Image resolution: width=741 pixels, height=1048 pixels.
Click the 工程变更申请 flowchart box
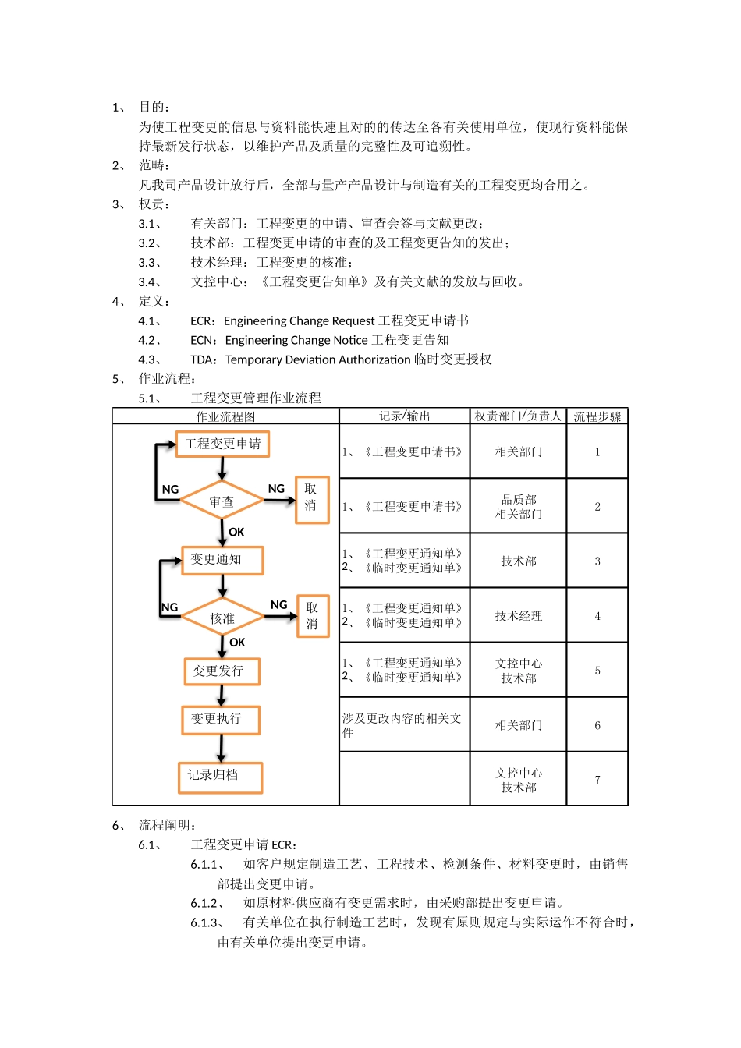(x=222, y=444)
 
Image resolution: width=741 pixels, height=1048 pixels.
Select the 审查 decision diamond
(x=222, y=502)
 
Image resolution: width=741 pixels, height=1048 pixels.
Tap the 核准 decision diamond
(x=222, y=618)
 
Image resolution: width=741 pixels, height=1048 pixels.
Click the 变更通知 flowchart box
(x=222, y=560)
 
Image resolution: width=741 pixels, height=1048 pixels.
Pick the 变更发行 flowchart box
(x=222, y=671)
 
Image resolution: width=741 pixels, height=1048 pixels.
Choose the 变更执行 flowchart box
(x=221, y=719)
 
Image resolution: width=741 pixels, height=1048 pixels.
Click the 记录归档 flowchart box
(x=220, y=776)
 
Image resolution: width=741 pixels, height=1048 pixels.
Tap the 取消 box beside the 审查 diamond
(x=311, y=499)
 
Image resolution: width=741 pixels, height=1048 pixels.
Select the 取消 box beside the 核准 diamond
(x=313, y=616)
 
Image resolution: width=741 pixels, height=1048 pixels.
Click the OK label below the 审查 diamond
(x=236, y=532)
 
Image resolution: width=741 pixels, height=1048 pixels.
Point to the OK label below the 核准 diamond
(x=237, y=643)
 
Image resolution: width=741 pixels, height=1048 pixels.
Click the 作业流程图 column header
(x=225, y=416)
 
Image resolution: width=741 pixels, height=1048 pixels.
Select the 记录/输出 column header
(x=404, y=416)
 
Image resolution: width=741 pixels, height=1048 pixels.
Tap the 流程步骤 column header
(x=597, y=416)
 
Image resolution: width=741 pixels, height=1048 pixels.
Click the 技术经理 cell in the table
(x=518, y=616)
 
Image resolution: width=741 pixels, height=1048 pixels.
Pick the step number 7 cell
(x=597, y=780)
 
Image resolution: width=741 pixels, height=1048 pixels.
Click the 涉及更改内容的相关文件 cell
(x=402, y=725)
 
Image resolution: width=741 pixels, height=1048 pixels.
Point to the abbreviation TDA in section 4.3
(x=203, y=359)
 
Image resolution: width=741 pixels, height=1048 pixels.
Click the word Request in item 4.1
(x=353, y=320)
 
